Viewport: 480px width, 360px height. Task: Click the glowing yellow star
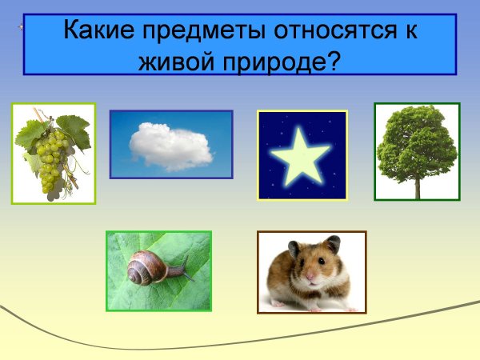coord(301,155)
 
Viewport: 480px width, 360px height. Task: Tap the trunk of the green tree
coord(417,186)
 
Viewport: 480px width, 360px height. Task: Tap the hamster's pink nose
coord(310,278)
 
